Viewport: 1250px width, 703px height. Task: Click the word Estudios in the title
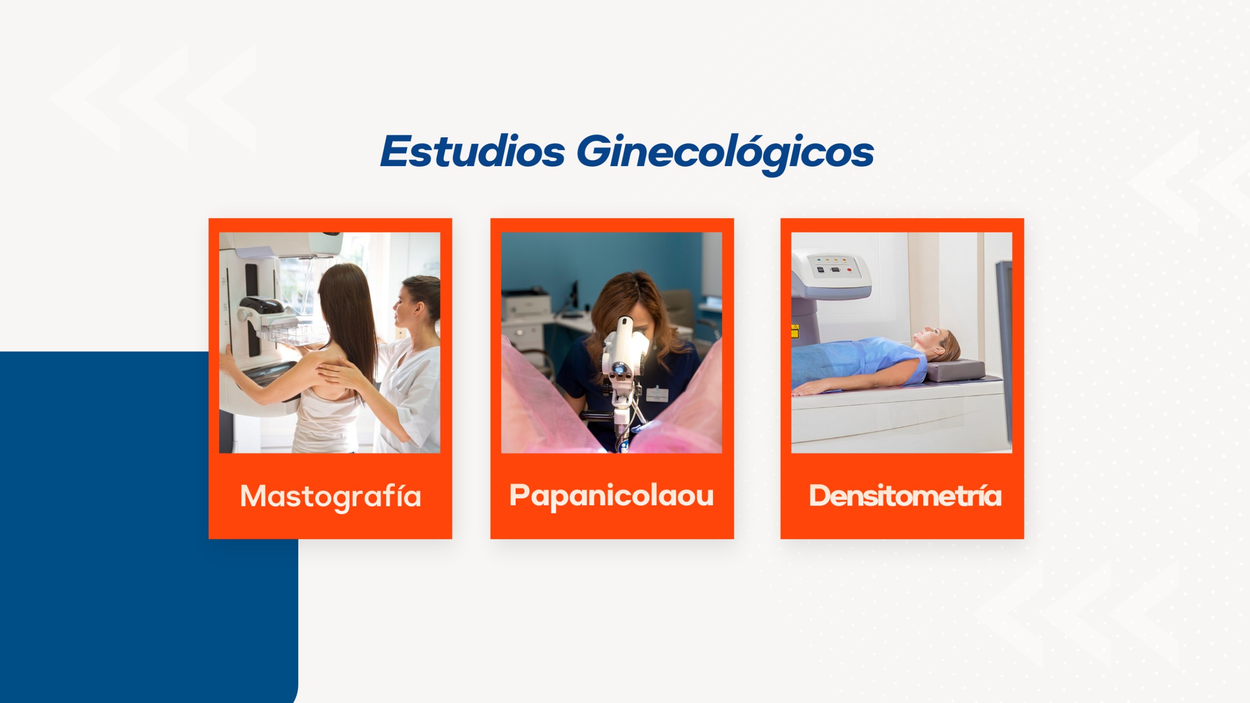tap(473, 151)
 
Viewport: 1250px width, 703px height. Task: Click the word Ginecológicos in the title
tap(725, 154)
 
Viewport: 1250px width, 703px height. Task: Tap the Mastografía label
tap(331, 497)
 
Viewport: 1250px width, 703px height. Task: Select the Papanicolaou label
tap(611, 496)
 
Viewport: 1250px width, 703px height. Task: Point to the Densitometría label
tap(905, 496)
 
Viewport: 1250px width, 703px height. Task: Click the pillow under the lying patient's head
tap(956, 370)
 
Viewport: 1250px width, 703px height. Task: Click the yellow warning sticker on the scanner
tap(794, 331)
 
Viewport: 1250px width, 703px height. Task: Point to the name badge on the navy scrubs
tap(657, 394)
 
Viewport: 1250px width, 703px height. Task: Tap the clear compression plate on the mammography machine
tap(292, 335)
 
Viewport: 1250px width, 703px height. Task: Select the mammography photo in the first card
tap(330, 342)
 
